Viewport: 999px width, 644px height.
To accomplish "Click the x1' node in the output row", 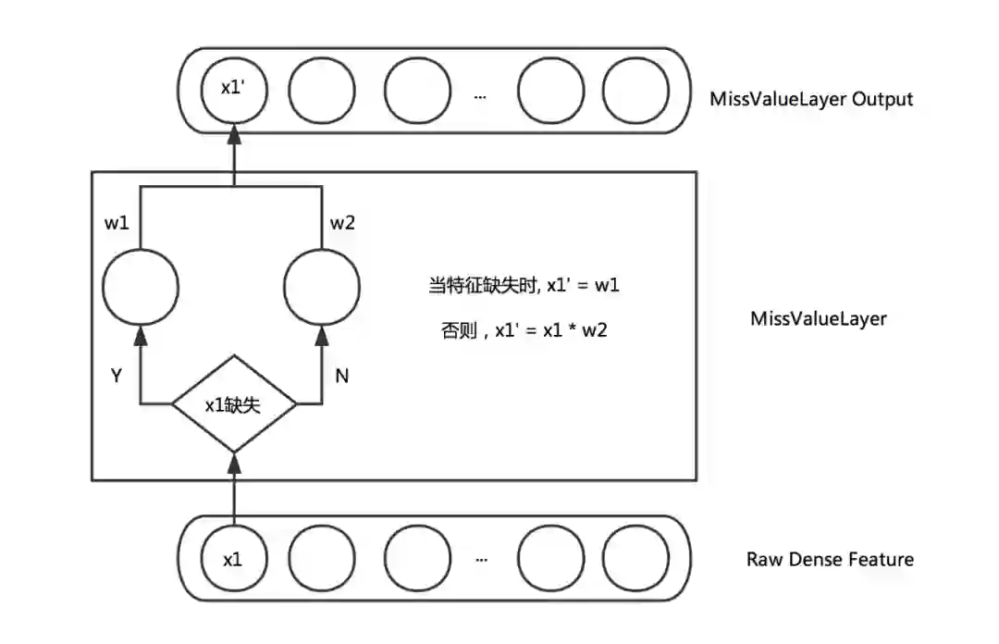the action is coord(234,90).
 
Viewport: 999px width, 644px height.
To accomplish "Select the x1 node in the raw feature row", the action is coord(234,559).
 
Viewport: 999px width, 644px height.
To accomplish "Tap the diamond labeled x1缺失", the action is coord(234,404).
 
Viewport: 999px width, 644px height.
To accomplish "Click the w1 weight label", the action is coord(117,222).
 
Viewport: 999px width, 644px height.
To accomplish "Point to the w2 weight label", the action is coord(342,222).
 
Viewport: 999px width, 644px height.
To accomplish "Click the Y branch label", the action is coord(116,376).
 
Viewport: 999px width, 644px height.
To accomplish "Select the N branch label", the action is coord(342,376).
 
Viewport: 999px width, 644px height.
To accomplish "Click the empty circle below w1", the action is coord(141,287).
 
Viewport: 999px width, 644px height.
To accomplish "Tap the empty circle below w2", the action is coord(322,287).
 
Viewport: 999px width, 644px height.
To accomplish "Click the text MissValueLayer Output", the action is coord(811,99).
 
